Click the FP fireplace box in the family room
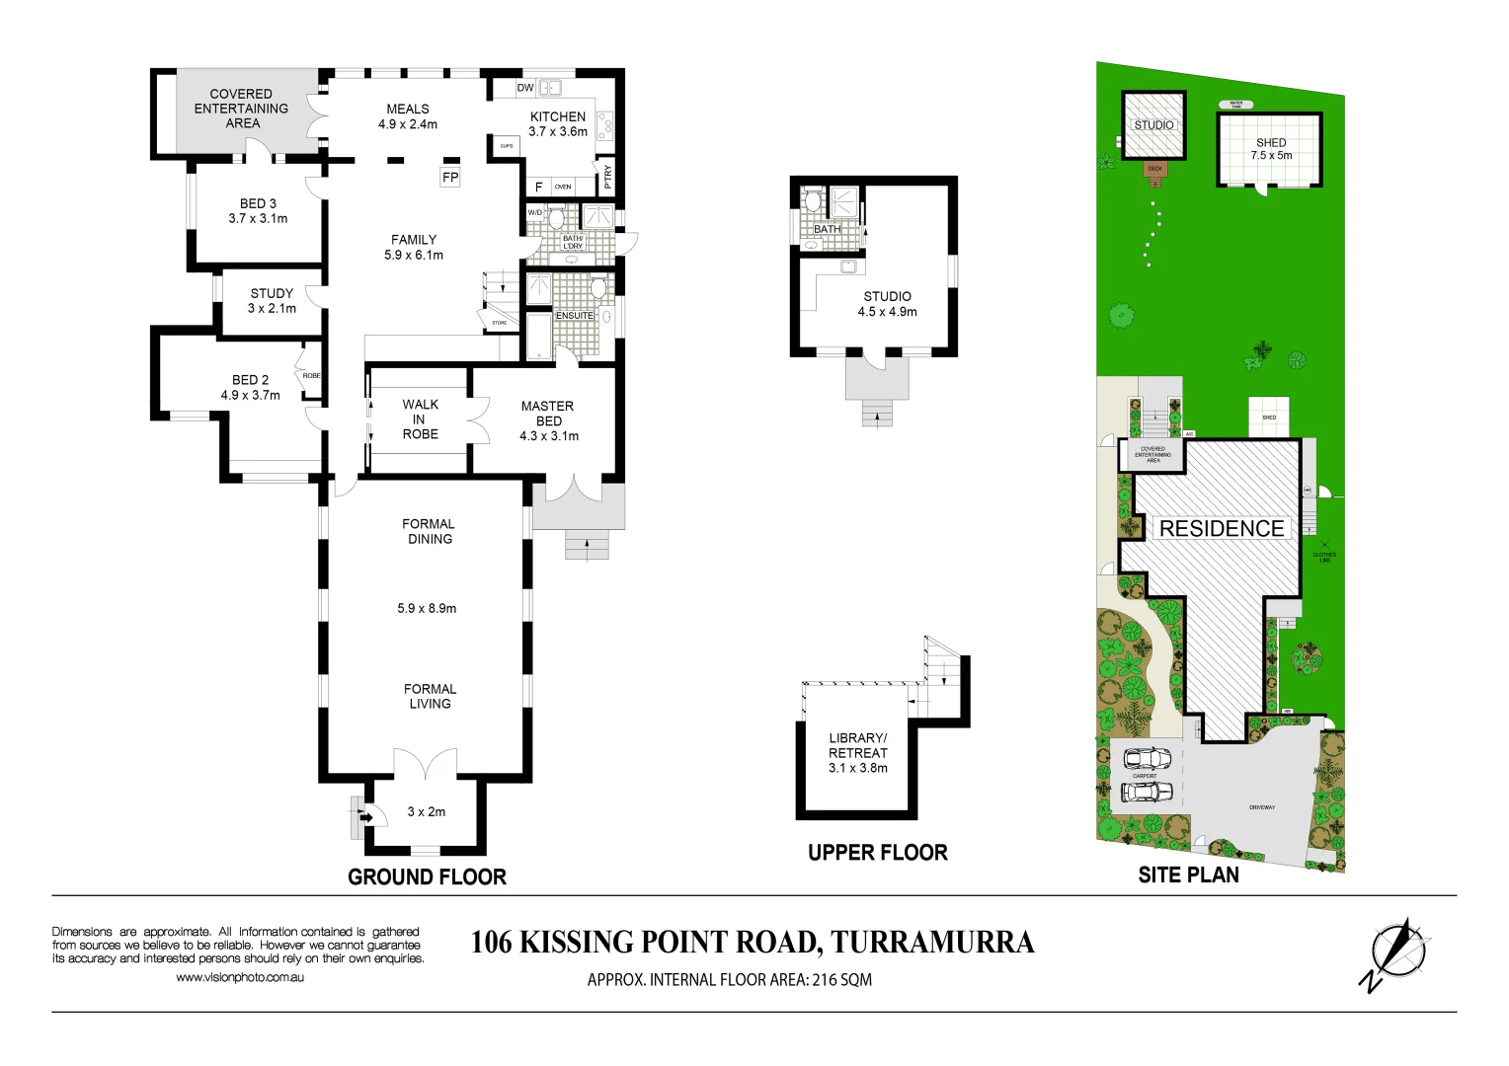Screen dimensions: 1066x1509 click(450, 178)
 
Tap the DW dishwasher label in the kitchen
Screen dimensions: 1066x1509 click(525, 88)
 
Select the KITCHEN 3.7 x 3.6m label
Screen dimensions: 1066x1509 click(558, 123)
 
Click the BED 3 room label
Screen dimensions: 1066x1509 click(258, 210)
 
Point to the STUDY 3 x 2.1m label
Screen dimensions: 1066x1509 click(272, 300)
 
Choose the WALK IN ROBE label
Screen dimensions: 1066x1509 click(420, 419)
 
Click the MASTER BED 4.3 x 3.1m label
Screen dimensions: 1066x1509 click(548, 420)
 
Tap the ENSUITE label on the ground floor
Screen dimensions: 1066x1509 click(574, 316)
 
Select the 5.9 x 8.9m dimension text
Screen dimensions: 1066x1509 click(427, 608)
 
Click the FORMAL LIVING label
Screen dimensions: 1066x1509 click(430, 696)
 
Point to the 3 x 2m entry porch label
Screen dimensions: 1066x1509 click(427, 811)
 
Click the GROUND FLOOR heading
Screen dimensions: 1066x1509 click(427, 876)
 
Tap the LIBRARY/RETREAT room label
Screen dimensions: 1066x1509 click(857, 752)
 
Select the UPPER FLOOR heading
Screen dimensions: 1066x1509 click(877, 853)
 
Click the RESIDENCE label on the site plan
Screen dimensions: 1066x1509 click(1222, 529)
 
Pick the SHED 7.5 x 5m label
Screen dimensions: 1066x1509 click(1271, 149)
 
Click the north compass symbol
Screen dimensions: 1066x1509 click(1396, 953)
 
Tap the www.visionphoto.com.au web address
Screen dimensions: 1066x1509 click(240, 977)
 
